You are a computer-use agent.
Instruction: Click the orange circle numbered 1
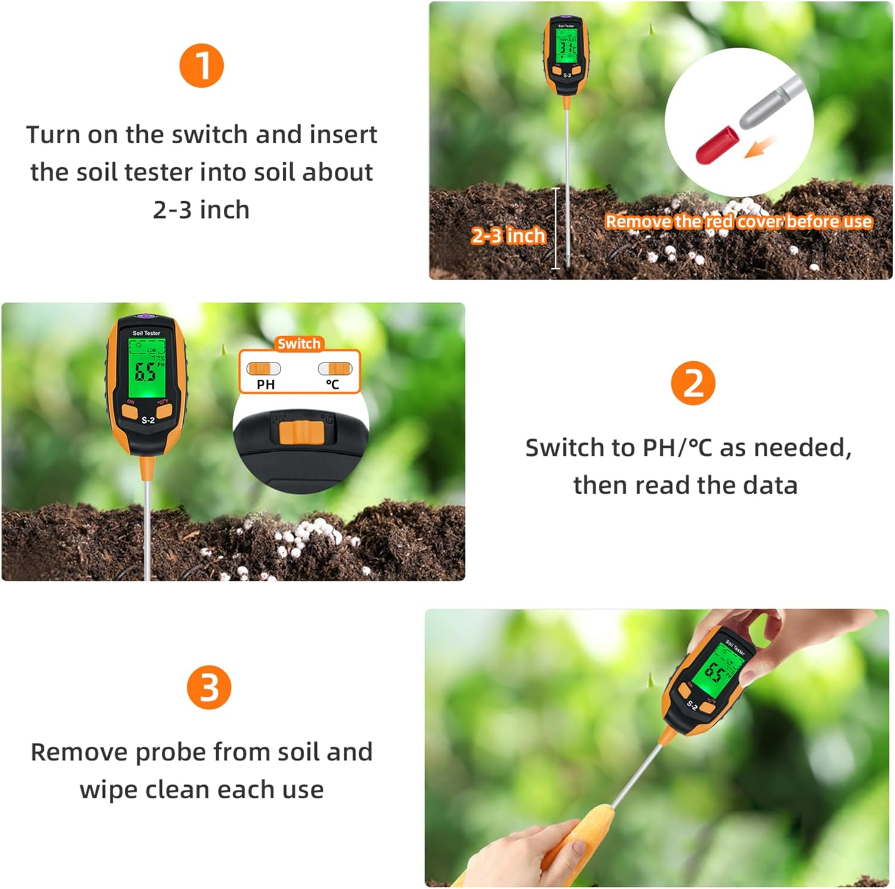pos(202,66)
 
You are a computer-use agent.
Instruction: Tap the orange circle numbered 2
pos(693,383)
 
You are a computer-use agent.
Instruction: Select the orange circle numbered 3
pos(208,687)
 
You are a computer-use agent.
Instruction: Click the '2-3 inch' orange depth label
pos(508,236)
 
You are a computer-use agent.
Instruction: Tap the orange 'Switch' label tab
pos(299,343)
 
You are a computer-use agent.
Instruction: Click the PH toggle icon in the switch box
pos(264,368)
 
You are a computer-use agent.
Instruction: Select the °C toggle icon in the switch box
pos(335,368)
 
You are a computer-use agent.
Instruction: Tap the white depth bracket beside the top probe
pos(556,228)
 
